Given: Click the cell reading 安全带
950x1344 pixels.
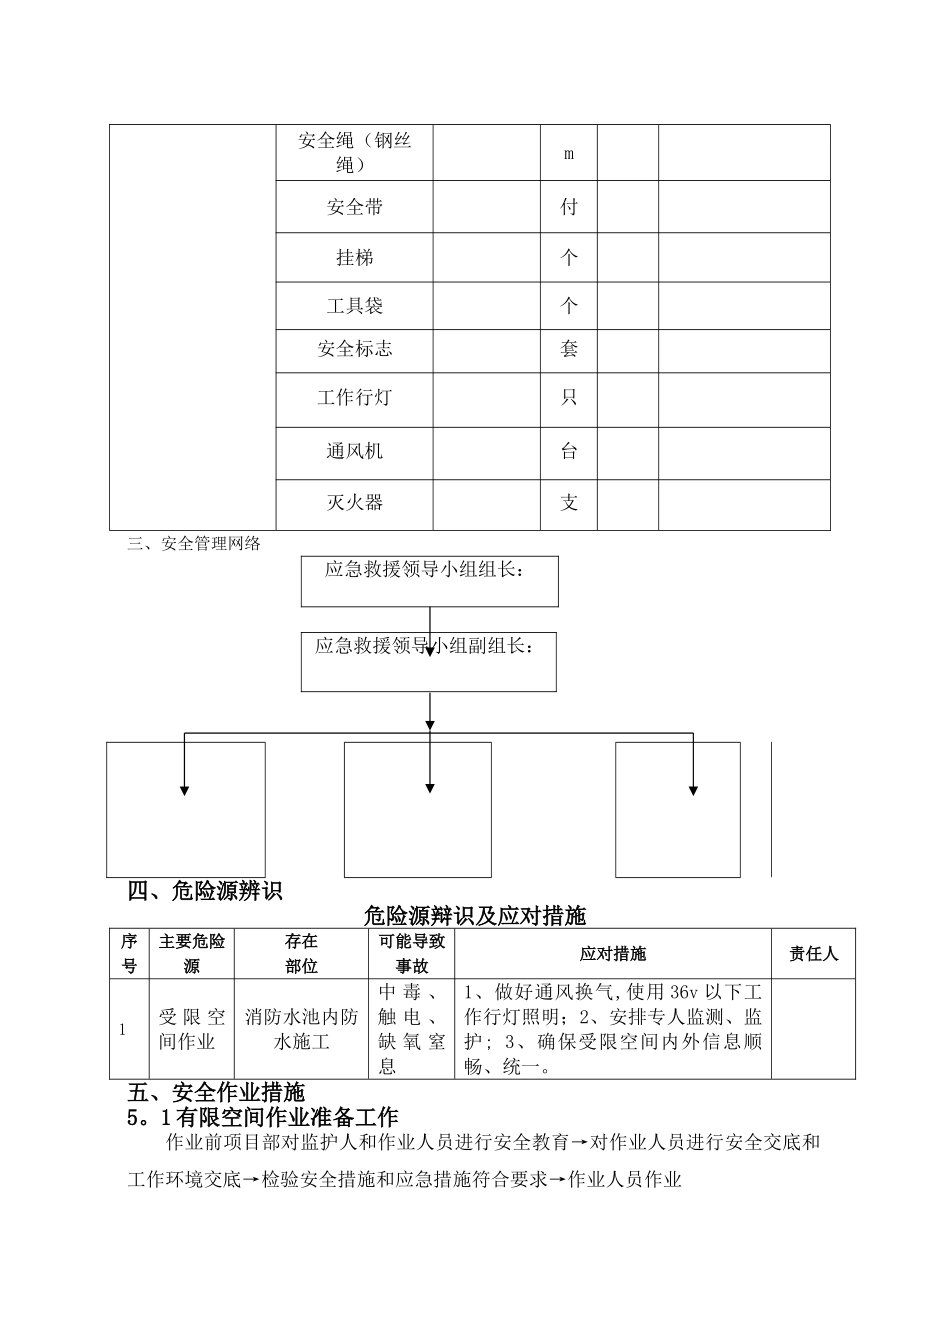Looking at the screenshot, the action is point(354,207).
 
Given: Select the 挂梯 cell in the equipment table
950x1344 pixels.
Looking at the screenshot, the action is point(354,258).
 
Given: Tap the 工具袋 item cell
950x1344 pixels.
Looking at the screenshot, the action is point(354,305).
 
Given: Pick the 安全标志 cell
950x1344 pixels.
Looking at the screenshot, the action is point(354,349).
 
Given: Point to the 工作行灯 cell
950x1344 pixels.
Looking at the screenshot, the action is point(354,398).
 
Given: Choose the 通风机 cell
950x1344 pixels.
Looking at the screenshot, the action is point(354,451).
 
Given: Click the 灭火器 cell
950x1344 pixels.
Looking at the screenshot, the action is point(354,503).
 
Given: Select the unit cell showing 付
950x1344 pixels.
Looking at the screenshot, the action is point(569,207).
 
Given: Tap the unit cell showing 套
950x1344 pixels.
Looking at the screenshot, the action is point(569,349).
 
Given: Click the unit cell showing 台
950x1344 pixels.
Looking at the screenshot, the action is point(569,451).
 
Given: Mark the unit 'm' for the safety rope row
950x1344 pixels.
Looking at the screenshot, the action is point(569,154).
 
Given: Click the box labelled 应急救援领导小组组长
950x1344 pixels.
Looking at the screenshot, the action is point(430,581).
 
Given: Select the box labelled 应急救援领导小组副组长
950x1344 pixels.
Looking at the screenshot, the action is point(428,661).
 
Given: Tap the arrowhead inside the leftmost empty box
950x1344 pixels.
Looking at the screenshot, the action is point(184,791).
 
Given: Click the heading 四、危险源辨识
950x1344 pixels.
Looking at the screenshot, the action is point(206,891).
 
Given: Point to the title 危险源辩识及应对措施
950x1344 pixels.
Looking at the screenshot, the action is point(475,915).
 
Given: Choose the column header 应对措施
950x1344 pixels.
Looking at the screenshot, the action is point(612,954).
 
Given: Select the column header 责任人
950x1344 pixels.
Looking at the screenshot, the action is point(813,954).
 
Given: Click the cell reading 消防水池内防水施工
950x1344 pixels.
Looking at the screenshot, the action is point(301,1030).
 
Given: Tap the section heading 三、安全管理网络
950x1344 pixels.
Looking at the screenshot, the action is point(194,543).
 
